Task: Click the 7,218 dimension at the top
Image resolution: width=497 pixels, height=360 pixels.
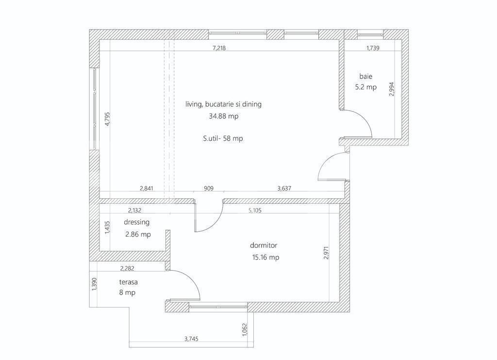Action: click(219, 48)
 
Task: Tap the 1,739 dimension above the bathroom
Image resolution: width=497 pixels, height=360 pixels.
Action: click(373, 48)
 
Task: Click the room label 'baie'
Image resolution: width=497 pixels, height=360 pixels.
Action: click(366, 76)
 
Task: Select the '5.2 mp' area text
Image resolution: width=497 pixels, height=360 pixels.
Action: click(366, 87)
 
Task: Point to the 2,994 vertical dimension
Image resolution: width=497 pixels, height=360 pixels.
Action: click(392, 89)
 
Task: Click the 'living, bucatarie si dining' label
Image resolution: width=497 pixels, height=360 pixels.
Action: click(223, 104)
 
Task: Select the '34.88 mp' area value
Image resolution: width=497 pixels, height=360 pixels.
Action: click(223, 116)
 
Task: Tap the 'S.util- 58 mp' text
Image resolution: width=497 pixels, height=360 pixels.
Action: click(223, 138)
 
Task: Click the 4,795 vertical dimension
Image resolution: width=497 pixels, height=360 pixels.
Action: click(107, 119)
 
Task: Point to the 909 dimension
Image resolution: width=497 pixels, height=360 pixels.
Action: click(208, 189)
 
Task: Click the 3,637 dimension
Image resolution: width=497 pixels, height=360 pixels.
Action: click(284, 189)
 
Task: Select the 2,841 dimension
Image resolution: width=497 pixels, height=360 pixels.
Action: click(146, 189)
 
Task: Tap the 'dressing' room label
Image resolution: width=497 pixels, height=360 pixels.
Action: click(136, 222)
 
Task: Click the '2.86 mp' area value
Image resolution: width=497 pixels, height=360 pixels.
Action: click(138, 234)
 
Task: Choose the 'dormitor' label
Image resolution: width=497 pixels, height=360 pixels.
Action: click(264, 245)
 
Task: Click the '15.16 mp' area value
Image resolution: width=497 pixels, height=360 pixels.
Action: click(265, 258)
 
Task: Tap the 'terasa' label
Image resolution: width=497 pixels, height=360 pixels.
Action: click(129, 281)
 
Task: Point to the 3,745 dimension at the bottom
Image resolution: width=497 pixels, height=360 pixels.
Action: click(192, 339)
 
